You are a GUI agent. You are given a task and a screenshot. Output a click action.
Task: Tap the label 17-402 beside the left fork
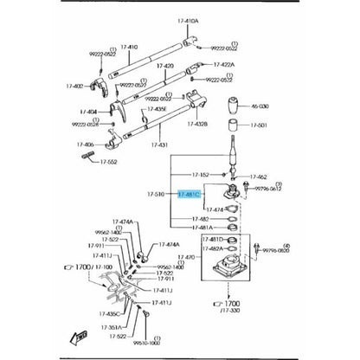point(77,85)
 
